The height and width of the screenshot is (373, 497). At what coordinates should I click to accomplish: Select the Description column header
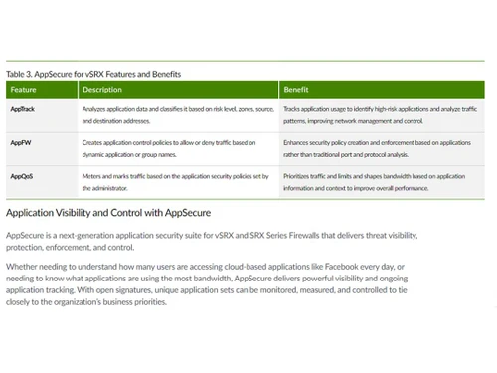(x=103, y=90)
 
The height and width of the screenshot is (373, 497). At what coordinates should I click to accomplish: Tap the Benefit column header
(x=297, y=90)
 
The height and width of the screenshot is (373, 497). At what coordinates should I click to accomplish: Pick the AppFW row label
(x=21, y=143)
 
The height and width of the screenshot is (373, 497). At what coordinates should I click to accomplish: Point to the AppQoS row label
(x=22, y=176)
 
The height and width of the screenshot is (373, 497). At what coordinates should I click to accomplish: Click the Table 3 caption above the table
(x=93, y=74)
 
